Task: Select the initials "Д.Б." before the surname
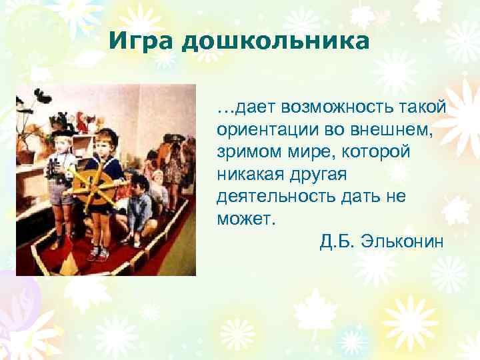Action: point(337,240)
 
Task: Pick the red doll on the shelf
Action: point(83,123)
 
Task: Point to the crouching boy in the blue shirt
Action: point(139,210)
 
